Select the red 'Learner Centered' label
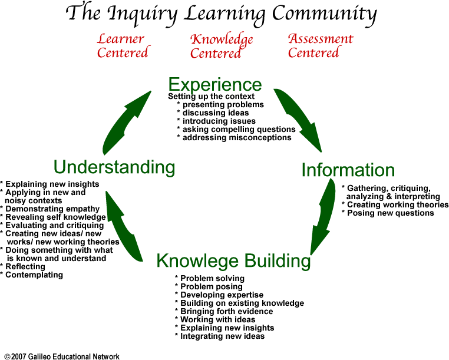(x=122, y=46)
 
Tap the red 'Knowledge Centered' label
(x=221, y=47)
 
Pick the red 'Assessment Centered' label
(x=320, y=45)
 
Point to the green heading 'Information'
(x=348, y=170)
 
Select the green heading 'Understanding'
(x=114, y=167)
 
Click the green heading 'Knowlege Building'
(x=233, y=260)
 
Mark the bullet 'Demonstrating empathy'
(x=52, y=209)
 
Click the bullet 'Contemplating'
(x=34, y=275)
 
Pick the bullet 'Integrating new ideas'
(x=222, y=336)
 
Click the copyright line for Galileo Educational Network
(x=62, y=356)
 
